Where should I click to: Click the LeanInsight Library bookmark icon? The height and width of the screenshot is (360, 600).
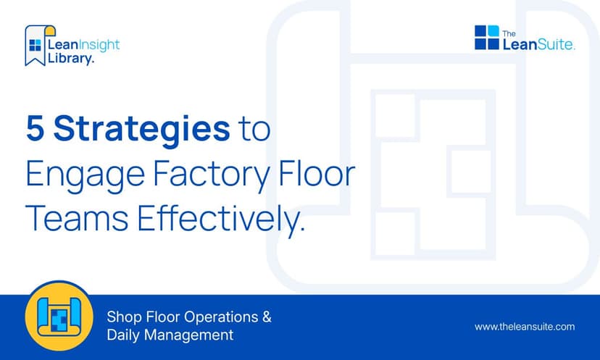pos(35,46)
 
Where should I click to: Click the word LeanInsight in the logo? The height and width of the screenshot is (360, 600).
pos(83,45)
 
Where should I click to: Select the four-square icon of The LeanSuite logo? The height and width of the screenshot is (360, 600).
pos(487,38)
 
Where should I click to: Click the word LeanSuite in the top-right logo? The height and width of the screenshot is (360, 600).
pos(539,44)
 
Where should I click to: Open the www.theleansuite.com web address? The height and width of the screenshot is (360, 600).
pos(525,327)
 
